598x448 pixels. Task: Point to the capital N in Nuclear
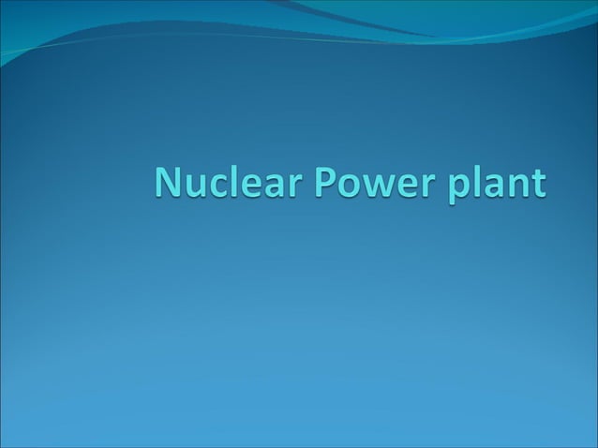coord(170,182)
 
